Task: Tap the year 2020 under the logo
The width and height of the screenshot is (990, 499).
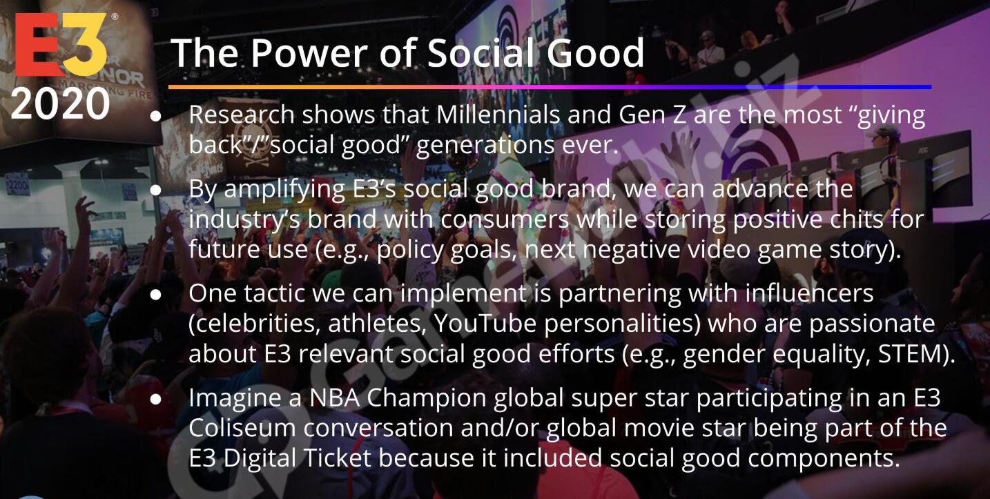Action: pos(60,104)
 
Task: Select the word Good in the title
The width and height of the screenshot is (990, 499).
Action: pos(595,52)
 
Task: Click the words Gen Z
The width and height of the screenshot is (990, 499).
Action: pos(652,115)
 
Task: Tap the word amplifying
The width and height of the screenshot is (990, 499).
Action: pos(284,190)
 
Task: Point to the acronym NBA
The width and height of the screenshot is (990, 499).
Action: pos(335,398)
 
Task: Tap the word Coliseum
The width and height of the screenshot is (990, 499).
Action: pos(242,428)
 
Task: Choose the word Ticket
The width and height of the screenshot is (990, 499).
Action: pos(337,458)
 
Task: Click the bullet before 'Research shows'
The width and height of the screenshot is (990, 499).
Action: pos(155,116)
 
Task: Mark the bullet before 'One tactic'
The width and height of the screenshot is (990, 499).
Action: pos(155,295)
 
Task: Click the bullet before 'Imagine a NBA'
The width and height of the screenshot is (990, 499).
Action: pos(155,399)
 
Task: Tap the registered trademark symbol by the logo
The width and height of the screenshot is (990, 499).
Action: pos(115,17)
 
